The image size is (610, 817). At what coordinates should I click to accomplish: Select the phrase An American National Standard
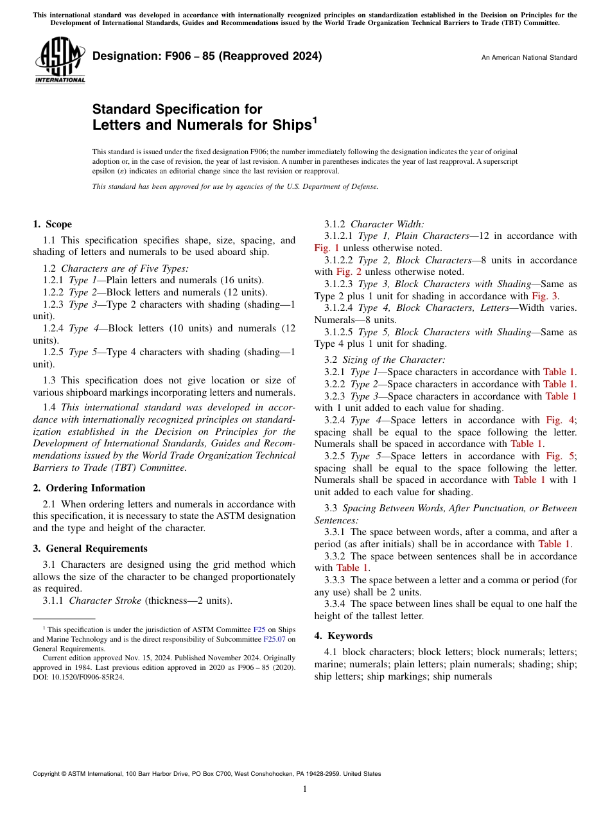click(528, 58)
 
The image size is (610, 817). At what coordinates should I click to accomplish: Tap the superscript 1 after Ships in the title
click(315, 119)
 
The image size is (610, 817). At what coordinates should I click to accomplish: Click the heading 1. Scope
click(52, 224)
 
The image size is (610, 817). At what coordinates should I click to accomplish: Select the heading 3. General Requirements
click(90, 549)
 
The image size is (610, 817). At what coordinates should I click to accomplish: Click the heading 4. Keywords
click(343, 636)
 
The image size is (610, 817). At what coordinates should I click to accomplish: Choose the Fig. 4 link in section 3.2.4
click(560, 420)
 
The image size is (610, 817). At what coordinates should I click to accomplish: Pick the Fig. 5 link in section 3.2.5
click(560, 456)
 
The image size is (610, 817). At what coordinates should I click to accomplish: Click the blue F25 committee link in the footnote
click(259, 630)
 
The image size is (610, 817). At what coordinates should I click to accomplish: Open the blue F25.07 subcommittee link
click(275, 639)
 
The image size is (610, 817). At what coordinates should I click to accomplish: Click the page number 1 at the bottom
click(305, 789)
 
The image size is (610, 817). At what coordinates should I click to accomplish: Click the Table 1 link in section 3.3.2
click(352, 568)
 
